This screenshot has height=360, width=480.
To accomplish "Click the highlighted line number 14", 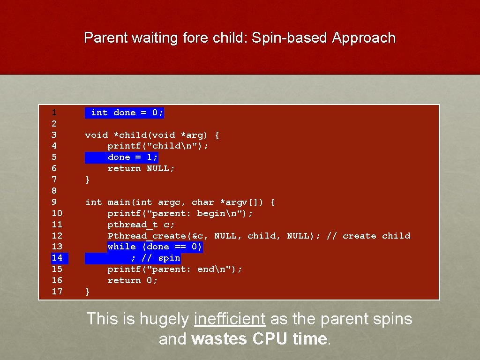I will click(57, 258).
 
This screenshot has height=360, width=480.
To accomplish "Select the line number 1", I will click(54, 112).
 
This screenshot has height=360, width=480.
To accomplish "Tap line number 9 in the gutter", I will click(54, 202).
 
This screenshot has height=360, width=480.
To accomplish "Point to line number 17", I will click(57, 292).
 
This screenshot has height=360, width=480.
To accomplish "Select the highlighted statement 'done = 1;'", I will click(133, 157).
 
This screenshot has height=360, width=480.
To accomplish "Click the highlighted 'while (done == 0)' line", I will click(155, 247).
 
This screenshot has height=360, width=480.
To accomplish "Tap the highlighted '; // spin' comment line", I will click(155, 258).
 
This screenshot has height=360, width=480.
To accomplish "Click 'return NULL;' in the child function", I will click(141, 168).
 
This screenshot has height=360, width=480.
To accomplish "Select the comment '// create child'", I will click(376, 236).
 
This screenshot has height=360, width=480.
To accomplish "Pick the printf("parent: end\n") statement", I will click(175, 269).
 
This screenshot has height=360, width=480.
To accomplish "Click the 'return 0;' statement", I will click(133, 280).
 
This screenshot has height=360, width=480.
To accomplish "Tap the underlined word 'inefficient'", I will click(230, 319).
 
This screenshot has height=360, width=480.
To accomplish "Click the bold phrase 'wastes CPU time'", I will click(259, 339).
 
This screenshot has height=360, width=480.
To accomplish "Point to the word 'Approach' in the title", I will click(364, 38).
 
